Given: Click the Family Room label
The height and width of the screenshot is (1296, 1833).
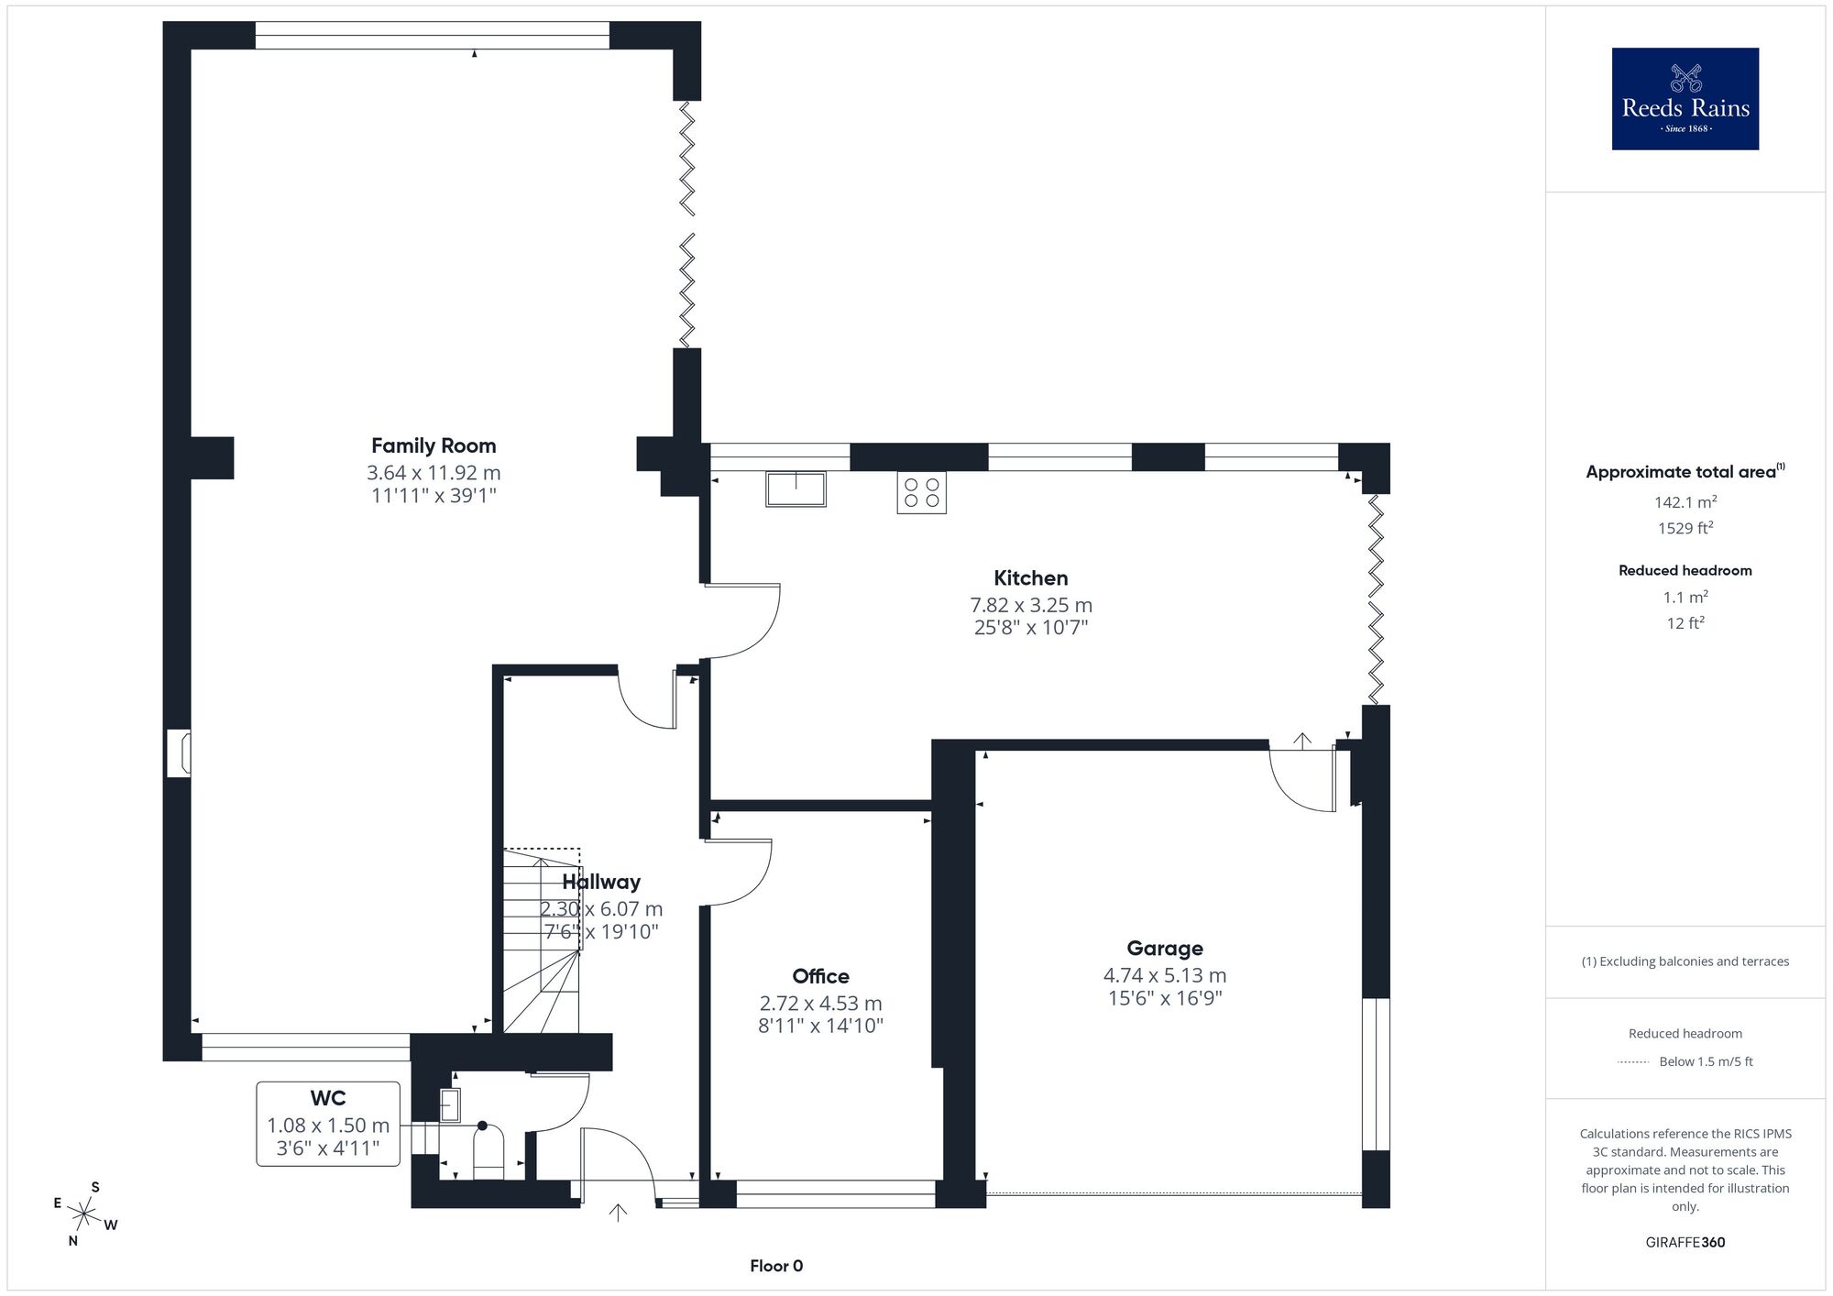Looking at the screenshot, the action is point(434,446).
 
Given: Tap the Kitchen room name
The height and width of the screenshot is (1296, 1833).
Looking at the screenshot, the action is point(1031,578).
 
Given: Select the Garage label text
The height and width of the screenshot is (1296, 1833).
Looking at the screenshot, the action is point(1165,949).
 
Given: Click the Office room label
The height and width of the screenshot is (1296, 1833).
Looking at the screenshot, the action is point(820,976).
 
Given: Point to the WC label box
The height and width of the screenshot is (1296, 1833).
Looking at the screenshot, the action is point(328,1124).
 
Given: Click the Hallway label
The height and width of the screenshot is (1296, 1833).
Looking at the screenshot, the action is point(601,882).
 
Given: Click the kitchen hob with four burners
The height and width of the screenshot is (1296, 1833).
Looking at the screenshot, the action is point(921,492).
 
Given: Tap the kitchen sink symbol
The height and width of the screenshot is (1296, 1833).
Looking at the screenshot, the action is point(796,489).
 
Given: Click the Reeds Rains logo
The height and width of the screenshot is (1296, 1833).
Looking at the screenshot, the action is point(1685,99).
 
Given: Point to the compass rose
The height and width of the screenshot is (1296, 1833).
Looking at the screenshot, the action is point(84,1215).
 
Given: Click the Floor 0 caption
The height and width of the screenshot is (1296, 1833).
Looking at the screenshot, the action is point(776,1266).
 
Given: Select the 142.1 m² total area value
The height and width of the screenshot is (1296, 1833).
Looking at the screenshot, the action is point(1685,502).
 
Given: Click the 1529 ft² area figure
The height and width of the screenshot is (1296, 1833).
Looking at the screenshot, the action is point(1685,528).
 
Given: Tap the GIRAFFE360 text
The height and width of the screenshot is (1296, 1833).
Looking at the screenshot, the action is point(1685,1243).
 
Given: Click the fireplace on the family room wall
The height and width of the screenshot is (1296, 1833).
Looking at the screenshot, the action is point(179,753).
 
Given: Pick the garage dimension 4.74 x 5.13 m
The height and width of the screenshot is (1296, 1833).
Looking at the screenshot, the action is point(1165,976).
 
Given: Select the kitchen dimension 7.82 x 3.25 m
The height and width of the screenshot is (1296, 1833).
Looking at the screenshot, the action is point(1031,606).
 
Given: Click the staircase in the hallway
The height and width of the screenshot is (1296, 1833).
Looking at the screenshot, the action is point(542,940).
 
